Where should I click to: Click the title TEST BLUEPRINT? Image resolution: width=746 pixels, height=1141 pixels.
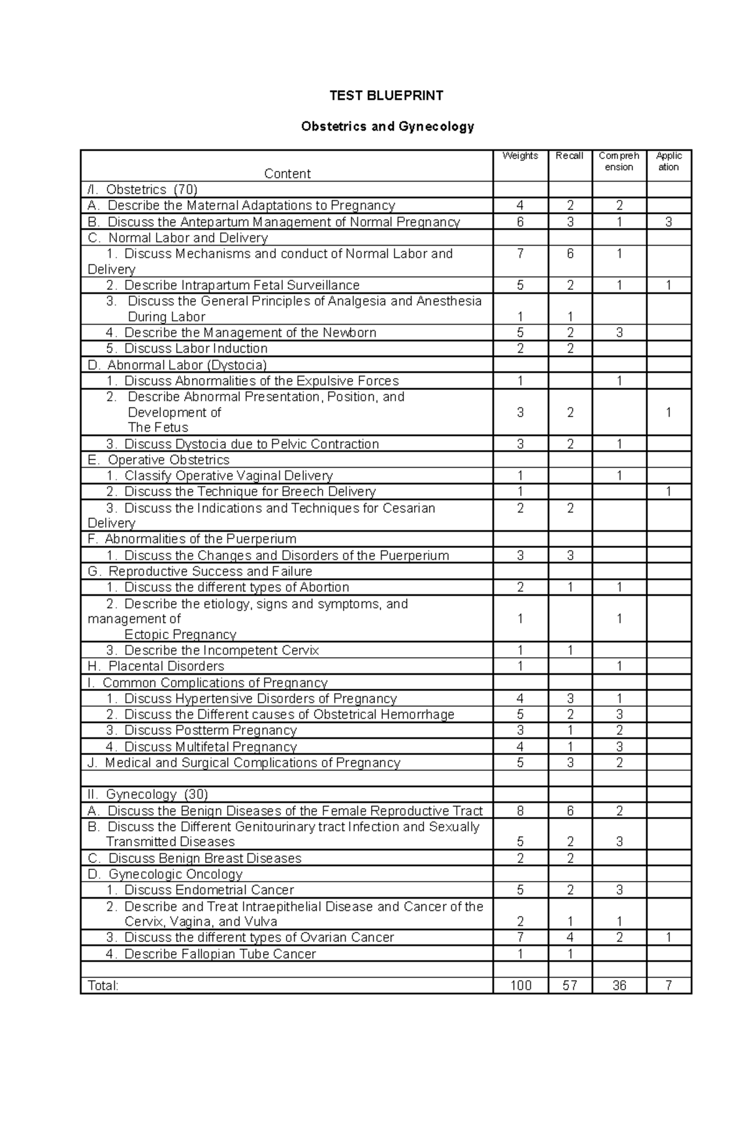click(386, 96)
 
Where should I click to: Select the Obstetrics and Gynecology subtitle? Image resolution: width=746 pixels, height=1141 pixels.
click(387, 127)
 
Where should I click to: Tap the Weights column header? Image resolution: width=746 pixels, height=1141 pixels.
click(520, 156)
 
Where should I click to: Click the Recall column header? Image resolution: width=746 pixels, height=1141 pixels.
click(569, 156)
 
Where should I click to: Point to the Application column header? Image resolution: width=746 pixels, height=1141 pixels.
click(668, 162)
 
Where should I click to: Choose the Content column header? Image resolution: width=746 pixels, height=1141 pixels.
click(287, 174)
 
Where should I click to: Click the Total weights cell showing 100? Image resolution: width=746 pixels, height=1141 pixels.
click(520, 986)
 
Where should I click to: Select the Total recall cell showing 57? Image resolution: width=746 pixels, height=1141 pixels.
click(569, 986)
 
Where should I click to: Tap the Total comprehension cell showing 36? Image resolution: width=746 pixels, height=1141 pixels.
click(619, 986)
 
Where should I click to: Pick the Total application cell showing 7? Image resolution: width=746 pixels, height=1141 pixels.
click(668, 986)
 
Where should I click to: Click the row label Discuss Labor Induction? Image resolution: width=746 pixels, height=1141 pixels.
click(195, 349)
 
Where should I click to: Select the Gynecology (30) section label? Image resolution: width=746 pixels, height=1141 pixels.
click(157, 795)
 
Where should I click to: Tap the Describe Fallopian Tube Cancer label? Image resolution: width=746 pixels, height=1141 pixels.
click(219, 954)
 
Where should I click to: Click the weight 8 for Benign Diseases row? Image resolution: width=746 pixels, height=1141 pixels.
click(520, 811)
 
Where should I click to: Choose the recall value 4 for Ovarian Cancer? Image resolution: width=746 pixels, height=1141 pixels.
click(570, 938)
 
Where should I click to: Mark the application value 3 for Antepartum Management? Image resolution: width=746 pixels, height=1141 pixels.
click(668, 223)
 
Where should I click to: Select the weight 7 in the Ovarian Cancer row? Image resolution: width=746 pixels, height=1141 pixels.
click(520, 938)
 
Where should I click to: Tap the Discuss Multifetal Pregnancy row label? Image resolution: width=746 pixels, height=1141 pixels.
click(210, 747)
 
